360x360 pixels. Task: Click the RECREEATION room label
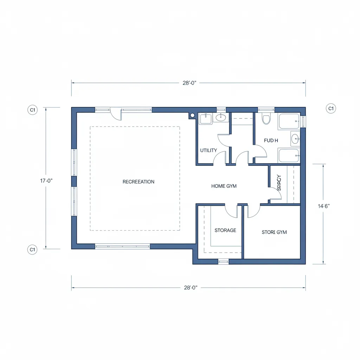[138, 182]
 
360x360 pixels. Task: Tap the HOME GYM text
[224, 186]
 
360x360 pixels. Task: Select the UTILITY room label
[208, 150]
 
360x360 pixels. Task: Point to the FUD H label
[271, 140]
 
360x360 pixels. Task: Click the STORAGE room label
[225, 230]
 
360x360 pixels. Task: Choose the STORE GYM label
[274, 232]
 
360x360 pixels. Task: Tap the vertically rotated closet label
[279, 183]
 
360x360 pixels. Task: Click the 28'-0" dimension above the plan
[189, 83]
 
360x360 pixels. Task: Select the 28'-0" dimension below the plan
[190, 288]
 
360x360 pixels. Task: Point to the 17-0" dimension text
[46, 181]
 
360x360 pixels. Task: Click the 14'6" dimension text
[323, 206]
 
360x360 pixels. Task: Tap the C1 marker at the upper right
[330, 108]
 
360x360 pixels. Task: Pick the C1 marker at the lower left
[32, 250]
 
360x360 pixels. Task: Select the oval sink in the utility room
[221, 117]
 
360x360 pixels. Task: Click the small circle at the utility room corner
[192, 115]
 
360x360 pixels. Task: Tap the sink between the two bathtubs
[295, 139]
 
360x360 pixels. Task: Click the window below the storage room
[224, 262]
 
